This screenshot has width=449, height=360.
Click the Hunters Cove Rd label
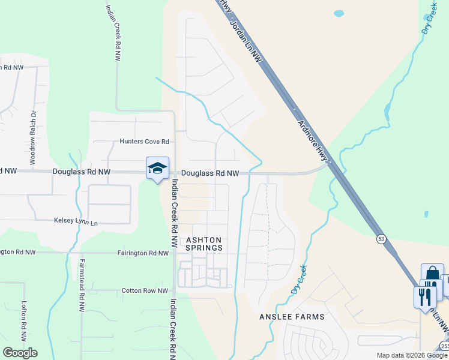(145, 142)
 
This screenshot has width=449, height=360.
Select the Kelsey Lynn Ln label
(75, 221)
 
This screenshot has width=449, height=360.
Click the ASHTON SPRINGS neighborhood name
(204, 244)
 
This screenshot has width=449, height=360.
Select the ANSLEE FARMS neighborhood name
(292, 317)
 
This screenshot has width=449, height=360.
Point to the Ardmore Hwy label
(313, 136)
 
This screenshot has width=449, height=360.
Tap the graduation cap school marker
(157, 168)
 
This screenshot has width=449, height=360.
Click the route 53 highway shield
(381, 239)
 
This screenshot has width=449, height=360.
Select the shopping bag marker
(432, 274)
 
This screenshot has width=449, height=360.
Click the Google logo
(20, 353)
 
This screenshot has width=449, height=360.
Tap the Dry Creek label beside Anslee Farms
(299, 279)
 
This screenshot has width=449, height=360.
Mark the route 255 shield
(444, 346)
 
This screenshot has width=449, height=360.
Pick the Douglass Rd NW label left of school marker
(82, 172)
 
